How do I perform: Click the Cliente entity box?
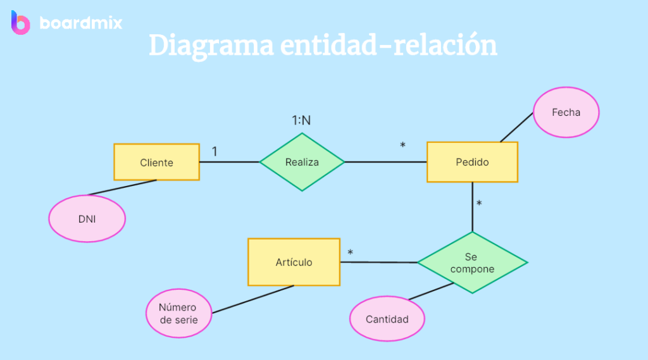click(156, 163)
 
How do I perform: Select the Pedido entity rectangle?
click(472, 162)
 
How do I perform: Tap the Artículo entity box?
click(294, 262)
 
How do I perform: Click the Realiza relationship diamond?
click(302, 162)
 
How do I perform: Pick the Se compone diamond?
click(472, 263)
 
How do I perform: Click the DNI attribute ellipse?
click(87, 218)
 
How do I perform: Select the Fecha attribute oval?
click(566, 113)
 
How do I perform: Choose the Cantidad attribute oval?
click(387, 319)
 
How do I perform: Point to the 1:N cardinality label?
click(301, 120)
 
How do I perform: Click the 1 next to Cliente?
click(215, 152)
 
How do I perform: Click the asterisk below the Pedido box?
click(479, 204)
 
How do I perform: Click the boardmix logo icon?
click(21, 23)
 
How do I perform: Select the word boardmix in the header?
click(81, 23)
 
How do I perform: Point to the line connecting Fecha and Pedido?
click(516, 128)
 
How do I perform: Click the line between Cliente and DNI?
click(121, 188)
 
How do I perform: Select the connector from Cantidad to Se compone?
click(430, 292)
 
